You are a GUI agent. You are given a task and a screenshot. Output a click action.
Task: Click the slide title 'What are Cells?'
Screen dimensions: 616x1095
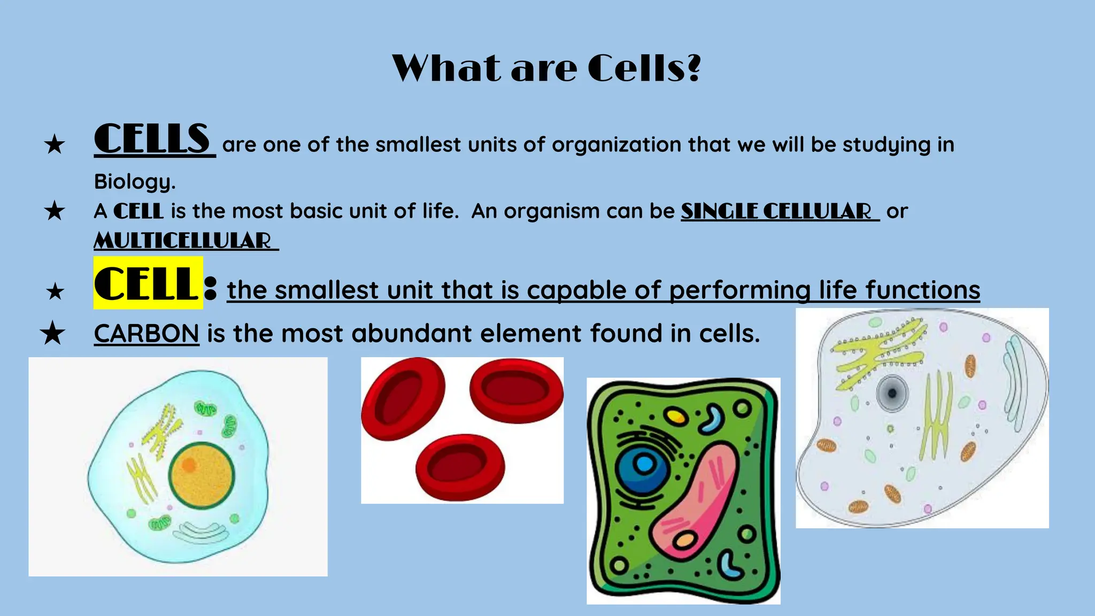click(x=546, y=68)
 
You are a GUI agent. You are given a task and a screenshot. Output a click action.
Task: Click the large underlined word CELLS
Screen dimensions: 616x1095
click(x=153, y=139)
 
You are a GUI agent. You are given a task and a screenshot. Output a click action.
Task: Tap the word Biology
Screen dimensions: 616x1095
click(x=134, y=182)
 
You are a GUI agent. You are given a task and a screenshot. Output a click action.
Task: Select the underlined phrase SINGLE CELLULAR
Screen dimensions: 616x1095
click(x=778, y=211)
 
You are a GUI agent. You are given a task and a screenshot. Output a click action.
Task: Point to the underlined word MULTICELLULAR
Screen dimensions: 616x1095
click(x=184, y=241)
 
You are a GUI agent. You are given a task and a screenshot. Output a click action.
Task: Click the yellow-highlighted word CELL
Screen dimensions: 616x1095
click(x=146, y=283)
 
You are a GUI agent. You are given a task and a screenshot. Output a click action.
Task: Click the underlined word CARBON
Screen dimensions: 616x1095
click(x=146, y=334)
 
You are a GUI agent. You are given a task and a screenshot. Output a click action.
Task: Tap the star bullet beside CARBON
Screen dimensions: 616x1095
click(x=52, y=334)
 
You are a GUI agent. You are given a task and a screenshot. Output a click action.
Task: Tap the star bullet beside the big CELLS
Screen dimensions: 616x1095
click(x=55, y=144)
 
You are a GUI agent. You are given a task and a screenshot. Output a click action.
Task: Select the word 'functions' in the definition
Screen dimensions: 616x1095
click(x=922, y=290)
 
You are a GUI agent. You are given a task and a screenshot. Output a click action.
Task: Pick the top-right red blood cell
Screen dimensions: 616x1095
click(x=516, y=389)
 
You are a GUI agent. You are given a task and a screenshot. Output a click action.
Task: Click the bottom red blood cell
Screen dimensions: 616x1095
click(x=460, y=467)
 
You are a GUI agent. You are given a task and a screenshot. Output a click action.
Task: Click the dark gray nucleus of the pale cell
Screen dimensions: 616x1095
click(x=891, y=393)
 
